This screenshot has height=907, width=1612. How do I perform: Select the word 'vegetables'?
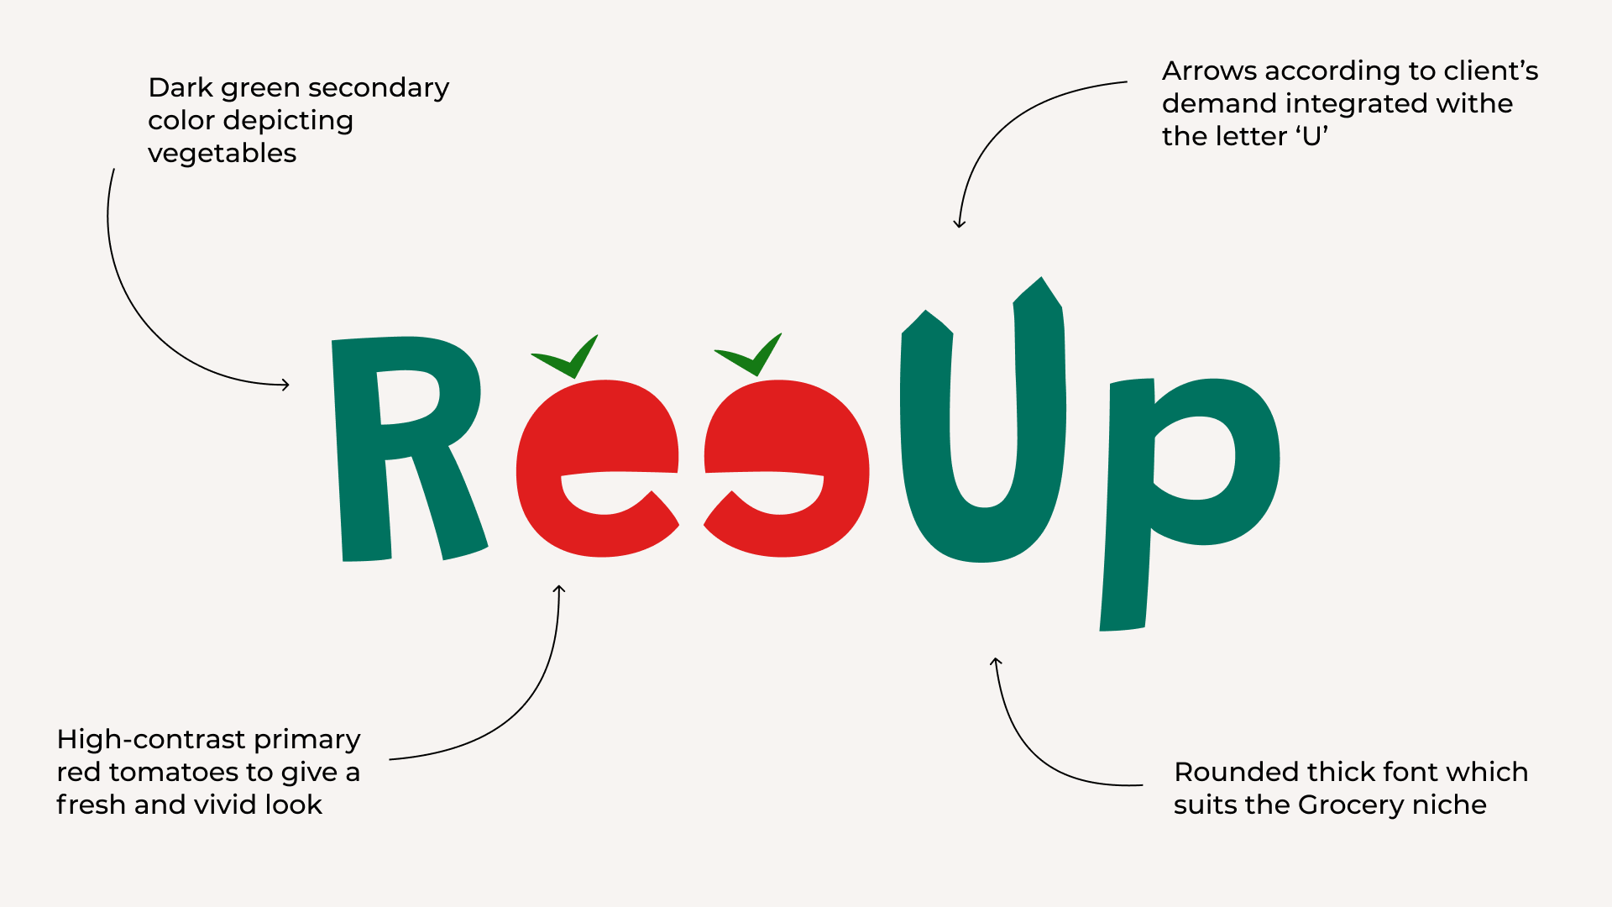coord(222,154)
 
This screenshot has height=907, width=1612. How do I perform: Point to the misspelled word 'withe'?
coord(1474,103)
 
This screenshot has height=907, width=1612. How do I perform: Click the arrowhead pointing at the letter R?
coord(285,385)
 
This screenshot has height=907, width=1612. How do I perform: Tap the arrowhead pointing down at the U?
coord(960,223)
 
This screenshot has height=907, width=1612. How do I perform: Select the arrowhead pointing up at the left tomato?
coord(559,590)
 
